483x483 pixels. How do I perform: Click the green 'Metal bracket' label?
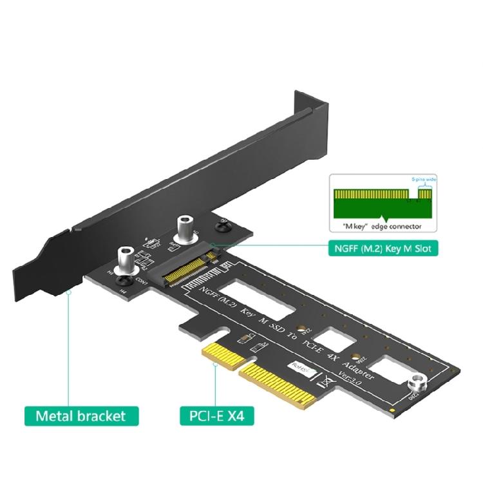click(x=81, y=415)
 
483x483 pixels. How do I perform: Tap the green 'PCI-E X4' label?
click(x=216, y=415)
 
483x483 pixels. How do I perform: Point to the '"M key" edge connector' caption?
click(x=377, y=227)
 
